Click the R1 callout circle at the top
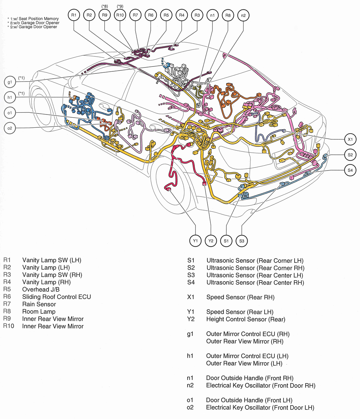(74, 15)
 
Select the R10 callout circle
(120, 15)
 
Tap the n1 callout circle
(213, 15)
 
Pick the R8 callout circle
(228, 15)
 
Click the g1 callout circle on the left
(10, 82)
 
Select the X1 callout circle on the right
(350, 140)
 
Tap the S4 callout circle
(350, 170)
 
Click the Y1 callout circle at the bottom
(195, 240)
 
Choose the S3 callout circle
(242, 240)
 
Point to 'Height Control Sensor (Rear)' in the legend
(246, 319)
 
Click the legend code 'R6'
(7, 297)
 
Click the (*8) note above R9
(104, 6)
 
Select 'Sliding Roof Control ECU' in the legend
(56, 297)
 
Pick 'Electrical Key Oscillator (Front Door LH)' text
(260, 408)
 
